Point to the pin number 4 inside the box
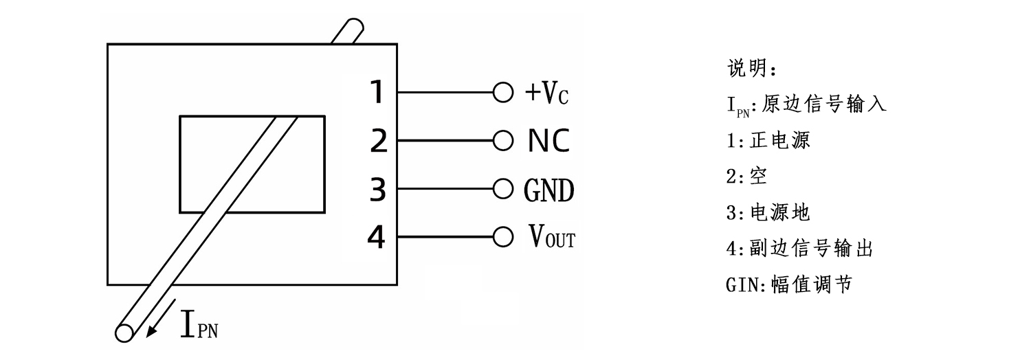pyautogui.click(x=377, y=238)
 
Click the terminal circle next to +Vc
pyautogui.click(x=502, y=92)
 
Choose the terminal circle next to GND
pyautogui.click(x=502, y=188)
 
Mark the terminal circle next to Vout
pyautogui.click(x=502, y=237)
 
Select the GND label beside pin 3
pyautogui.click(x=548, y=190)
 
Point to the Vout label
pyautogui.click(x=552, y=238)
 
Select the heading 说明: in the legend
pyautogui.click(x=752, y=69)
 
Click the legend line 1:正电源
pyautogui.click(x=769, y=140)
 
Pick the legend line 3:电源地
pyautogui.click(x=769, y=212)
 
